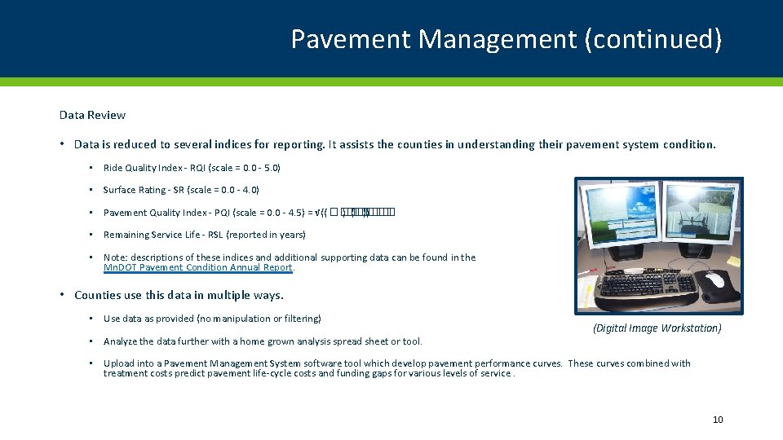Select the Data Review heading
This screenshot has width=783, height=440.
(x=92, y=116)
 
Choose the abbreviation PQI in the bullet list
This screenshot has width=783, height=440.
(x=220, y=213)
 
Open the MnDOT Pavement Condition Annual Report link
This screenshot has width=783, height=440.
(x=198, y=268)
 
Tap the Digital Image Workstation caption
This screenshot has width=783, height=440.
(x=657, y=328)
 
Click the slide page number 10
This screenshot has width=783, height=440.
(x=718, y=420)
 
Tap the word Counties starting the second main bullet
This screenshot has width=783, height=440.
(x=98, y=295)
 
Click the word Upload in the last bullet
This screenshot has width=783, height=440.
(x=119, y=363)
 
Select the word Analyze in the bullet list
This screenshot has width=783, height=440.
(x=121, y=341)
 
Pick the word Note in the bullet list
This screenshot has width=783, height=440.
(x=114, y=257)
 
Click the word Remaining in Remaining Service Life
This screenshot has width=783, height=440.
(x=127, y=235)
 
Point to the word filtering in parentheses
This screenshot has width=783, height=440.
(x=299, y=319)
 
